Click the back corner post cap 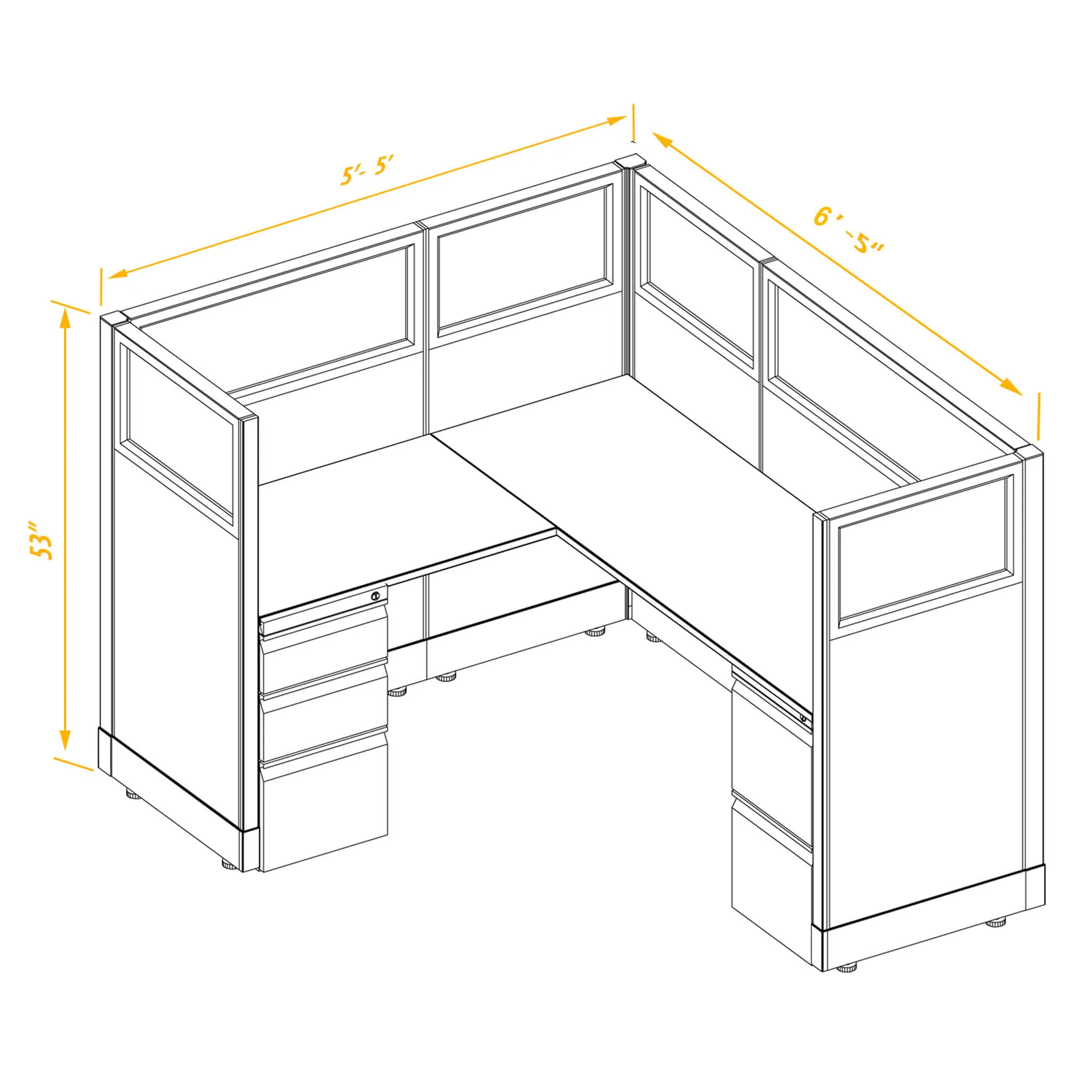pyautogui.click(x=630, y=161)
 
